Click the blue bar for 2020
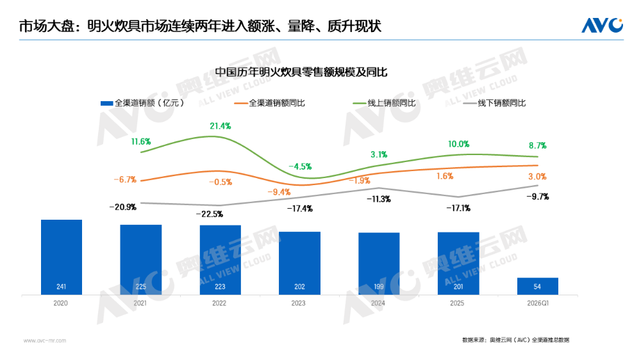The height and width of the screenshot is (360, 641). pyautogui.click(x=62, y=257)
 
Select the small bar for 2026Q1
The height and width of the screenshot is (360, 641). pyautogui.click(x=538, y=286)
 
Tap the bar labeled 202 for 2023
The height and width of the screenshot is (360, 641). pyautogui.click(x=299, y=263)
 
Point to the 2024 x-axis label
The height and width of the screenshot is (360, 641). pyautogui.click(x=379, y=303)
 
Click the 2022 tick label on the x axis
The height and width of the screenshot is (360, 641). pyautogui.click(x=220, y=303)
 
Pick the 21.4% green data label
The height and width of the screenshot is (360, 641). pyautogui.click(x=220, y=126)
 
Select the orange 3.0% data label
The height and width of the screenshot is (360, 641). pyautogui.click(x=537, y=176)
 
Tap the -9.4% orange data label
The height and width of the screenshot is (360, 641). pyautogui.click(x=279, y=192)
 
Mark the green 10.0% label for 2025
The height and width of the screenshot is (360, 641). pyautogui.click(x=459, y=144)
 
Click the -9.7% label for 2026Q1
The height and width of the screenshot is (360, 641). pyautogui.click(x=537, y=197)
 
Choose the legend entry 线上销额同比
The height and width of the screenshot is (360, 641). pyautogui.click(x=384, y=103)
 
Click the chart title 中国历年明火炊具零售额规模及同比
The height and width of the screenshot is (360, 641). pyautogui.click(x=301, y=72)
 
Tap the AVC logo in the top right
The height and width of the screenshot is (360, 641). pyautogui.click(x=602, y=25)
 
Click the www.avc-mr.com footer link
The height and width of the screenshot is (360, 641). pyautogui.click(x=45, y=340)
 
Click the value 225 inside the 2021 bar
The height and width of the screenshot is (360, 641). pyautogui.click(x=141, y=287)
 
